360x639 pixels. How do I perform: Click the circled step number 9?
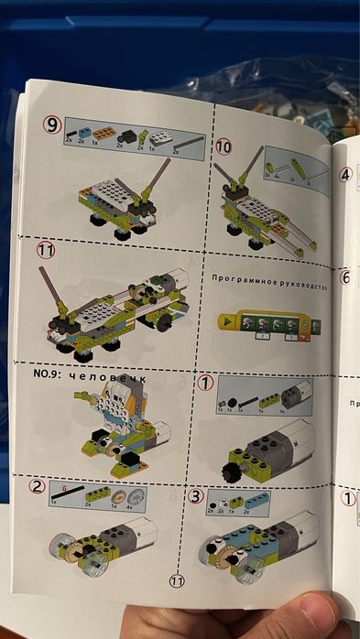(52, 123)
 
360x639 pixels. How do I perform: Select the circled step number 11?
(46, 249)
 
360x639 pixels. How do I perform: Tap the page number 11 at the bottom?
(178, 579)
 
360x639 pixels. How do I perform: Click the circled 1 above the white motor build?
(205, 383)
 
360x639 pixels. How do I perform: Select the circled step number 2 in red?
(38, 485)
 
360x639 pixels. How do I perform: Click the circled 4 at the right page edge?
(345, 175)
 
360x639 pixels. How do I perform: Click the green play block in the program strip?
(225, 322)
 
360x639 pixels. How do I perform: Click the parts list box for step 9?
(133, 137)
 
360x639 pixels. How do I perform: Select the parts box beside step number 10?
(294, 167)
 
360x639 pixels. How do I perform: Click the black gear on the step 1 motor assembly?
(230, 471)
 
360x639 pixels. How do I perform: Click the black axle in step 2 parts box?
(69, 492)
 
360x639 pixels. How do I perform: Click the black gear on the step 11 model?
(166, 323)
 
